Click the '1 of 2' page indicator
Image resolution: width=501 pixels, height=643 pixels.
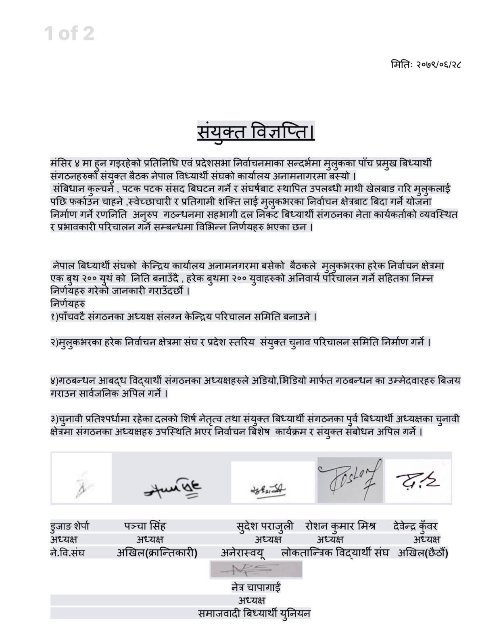click(x=70, y=33)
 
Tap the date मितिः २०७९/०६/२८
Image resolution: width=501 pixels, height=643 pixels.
click(x=426, y=64)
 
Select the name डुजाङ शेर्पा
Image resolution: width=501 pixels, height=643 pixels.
click(x=70, y=526)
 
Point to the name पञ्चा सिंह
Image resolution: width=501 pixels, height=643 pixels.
click(x=145, y=526)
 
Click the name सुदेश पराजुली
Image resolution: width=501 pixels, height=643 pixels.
click(x=265, y=526)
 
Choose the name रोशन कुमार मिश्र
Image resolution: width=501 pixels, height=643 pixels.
click(x=340, y=526)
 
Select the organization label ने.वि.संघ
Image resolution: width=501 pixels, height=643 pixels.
click(x=67, y=553)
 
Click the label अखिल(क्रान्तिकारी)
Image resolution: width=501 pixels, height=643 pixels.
click(x=157, y=553)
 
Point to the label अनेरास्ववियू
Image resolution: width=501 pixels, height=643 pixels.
click(x=243, y=553)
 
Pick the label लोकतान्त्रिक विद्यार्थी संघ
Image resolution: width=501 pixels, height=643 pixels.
click(x=335, y=553)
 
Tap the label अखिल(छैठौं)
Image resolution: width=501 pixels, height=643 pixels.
click(x=423, y=553)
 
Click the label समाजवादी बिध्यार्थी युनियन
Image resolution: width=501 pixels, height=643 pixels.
click(x=254, y=613)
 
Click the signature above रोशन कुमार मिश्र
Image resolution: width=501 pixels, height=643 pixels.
click(x=350, y=480)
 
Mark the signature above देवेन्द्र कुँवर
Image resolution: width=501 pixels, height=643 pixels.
click(x=418, y=481)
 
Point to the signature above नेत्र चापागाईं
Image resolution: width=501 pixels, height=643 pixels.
click(x=256, y=570)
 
